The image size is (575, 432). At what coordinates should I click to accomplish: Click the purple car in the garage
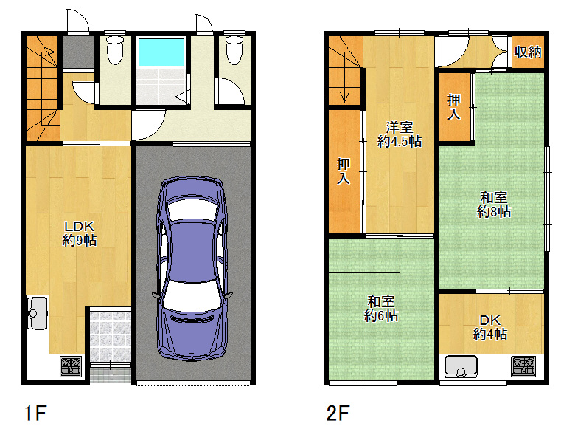(192, 268)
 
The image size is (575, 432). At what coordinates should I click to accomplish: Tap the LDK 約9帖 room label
(80, 233)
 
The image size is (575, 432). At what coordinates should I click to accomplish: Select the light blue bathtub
(161, 52)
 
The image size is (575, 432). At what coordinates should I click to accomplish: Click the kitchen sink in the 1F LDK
(38, 312)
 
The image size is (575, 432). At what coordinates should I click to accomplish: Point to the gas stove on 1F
(71, 366)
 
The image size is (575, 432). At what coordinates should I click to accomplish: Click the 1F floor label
(35, 413)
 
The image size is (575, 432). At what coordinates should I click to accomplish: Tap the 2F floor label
(338, 413)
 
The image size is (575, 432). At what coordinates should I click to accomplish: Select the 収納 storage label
(528, 52)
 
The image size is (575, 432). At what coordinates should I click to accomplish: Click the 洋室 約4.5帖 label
(400, 134)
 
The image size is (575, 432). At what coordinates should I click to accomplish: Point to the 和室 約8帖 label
(494, 205)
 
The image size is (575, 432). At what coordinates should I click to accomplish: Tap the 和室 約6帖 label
(381, 309)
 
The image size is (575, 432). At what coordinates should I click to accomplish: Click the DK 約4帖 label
(490, 327)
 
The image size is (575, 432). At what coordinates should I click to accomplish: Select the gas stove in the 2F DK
(523, 366)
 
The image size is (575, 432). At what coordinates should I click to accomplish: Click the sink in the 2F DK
(461, 366)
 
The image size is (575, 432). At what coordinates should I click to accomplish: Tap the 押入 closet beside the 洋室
(344, 171)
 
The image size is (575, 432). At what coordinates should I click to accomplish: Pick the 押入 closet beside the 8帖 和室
(454, 107)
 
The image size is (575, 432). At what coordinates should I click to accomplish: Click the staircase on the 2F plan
(345, 71)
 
